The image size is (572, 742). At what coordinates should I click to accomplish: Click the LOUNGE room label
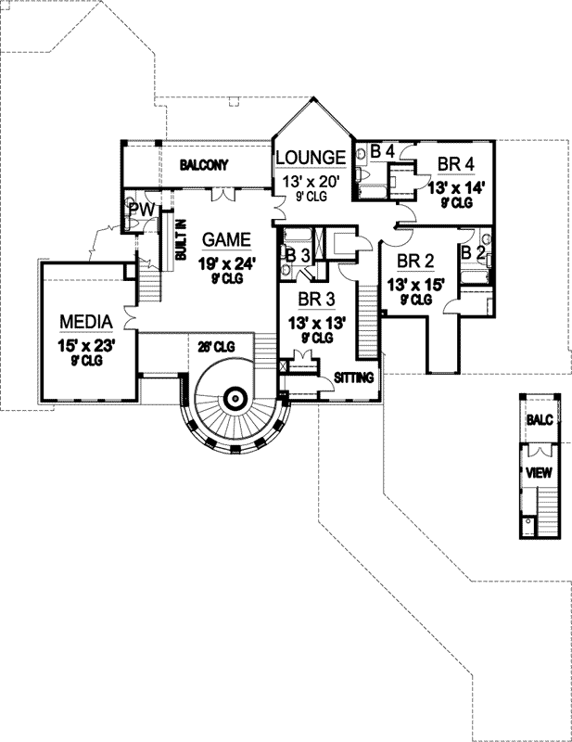point(311,157)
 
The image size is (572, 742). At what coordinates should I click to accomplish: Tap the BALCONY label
point(205,165)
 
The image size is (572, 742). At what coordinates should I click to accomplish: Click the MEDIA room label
point(86,322)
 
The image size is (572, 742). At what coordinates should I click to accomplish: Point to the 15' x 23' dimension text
point(86,345)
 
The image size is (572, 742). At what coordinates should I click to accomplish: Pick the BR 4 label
point(456,164)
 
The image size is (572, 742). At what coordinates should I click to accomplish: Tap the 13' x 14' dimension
point(456,186)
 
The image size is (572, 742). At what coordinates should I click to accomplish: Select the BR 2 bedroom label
point(415,260)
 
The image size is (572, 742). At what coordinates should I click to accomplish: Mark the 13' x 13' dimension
point(316,323)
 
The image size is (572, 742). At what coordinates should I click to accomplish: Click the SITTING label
point(354,377)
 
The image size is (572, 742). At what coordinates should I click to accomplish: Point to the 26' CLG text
point(215,346)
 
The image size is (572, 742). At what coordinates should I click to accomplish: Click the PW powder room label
point(140,211)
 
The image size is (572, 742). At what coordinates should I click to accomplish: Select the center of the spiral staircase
point(235,400)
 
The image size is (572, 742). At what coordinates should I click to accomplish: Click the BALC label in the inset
point(540,420)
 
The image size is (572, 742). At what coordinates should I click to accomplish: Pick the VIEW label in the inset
point(539,473)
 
